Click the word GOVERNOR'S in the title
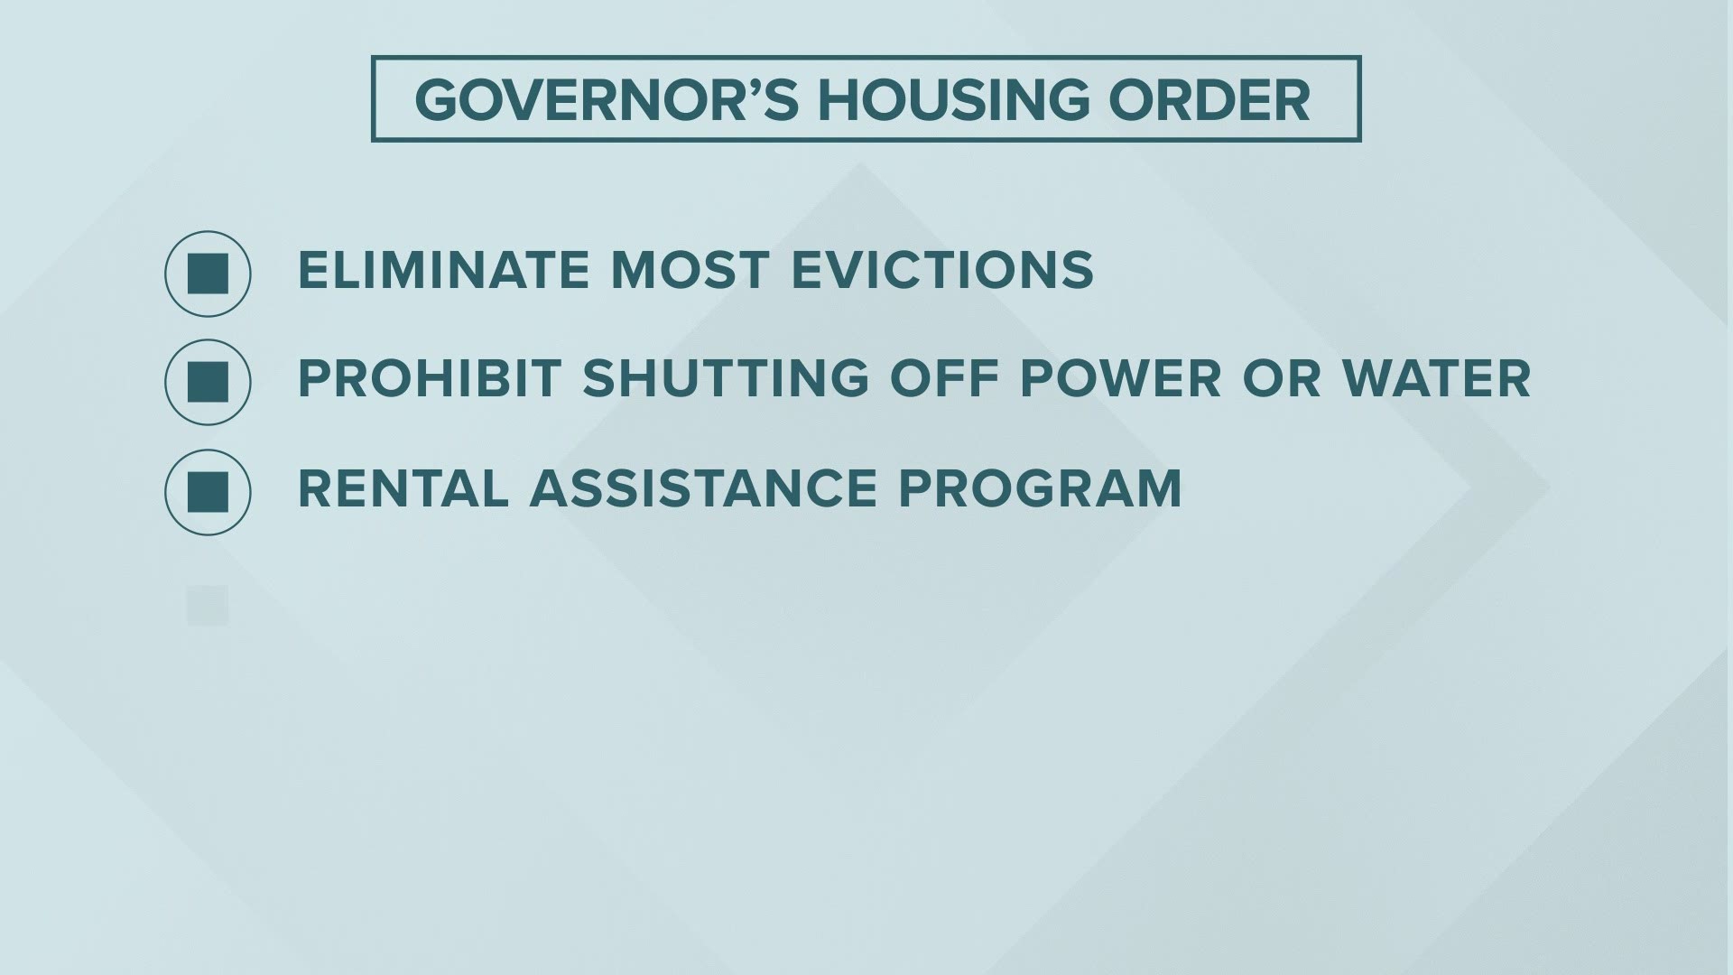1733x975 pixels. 607,100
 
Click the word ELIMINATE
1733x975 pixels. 443,270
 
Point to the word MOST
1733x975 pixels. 690,270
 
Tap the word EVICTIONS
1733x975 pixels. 942,270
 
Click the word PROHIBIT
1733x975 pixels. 430,378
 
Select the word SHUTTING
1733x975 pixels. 726,378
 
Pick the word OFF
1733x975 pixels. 943,378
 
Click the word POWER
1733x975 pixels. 1120,378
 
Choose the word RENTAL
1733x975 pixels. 403,488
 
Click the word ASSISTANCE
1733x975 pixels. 703,488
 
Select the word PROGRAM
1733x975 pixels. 1040,488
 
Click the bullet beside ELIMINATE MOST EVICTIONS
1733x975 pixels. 208,274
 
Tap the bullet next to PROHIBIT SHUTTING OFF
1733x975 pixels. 208,382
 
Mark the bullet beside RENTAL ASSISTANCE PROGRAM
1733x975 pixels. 208,492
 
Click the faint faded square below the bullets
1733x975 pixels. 208,606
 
